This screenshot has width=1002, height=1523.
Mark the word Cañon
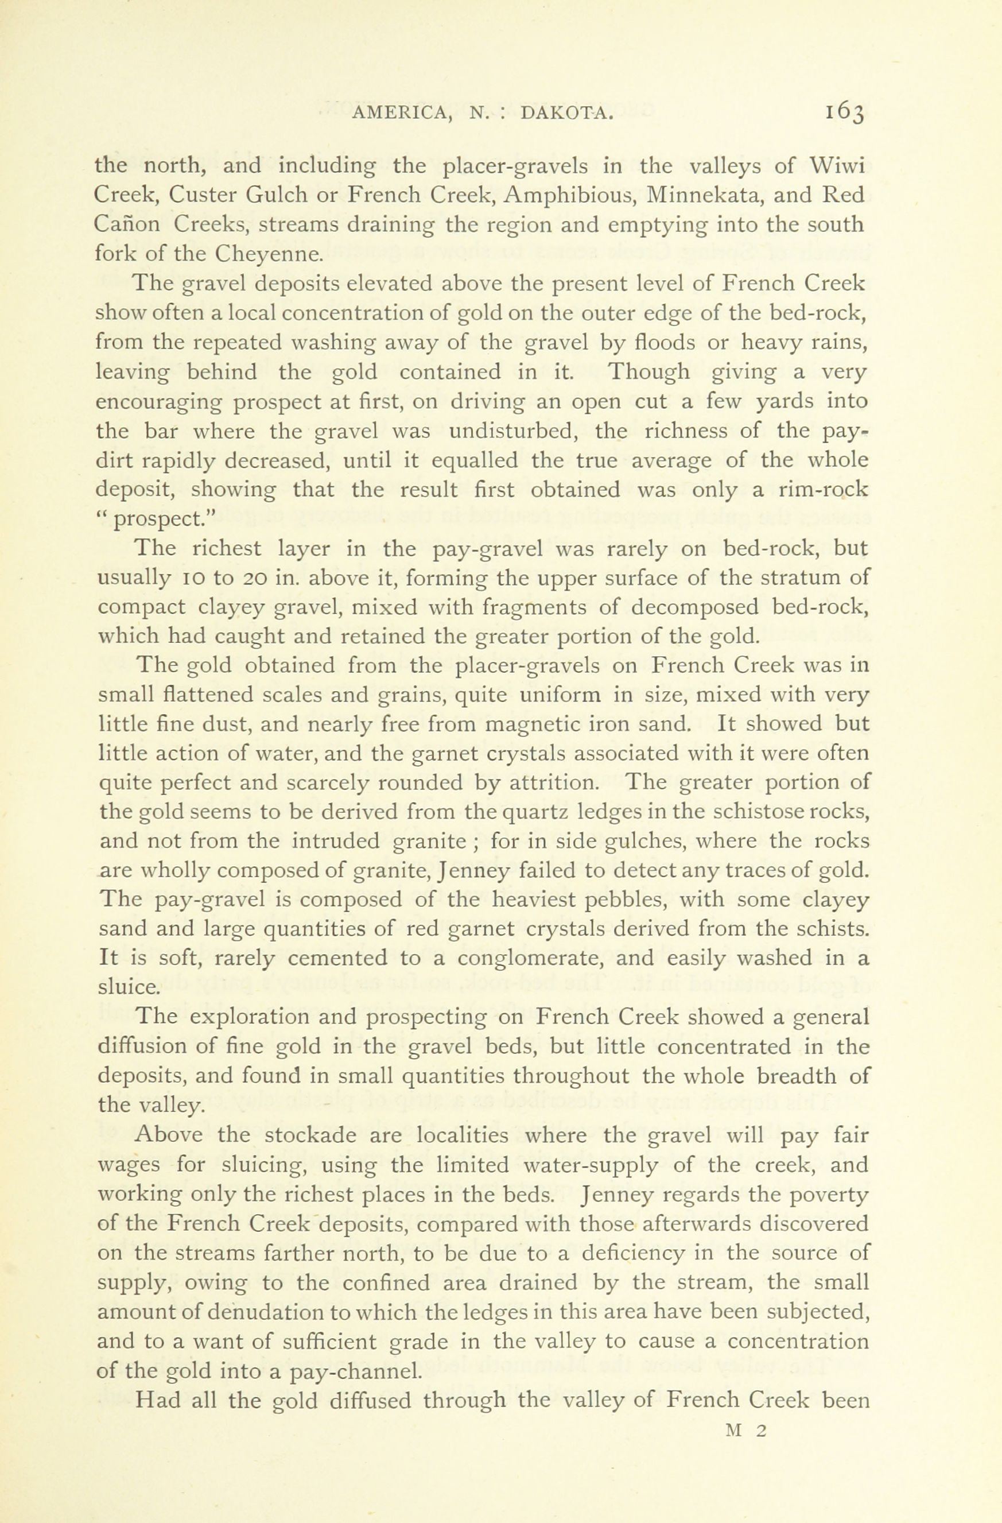(x=126, y=224)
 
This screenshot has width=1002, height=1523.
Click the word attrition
(x=547, y=783)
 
